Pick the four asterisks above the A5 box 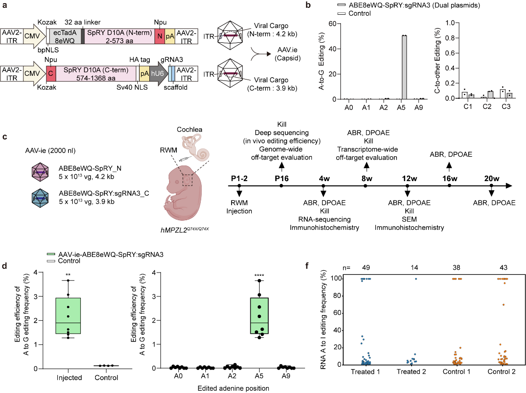click(x=260, y=276)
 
